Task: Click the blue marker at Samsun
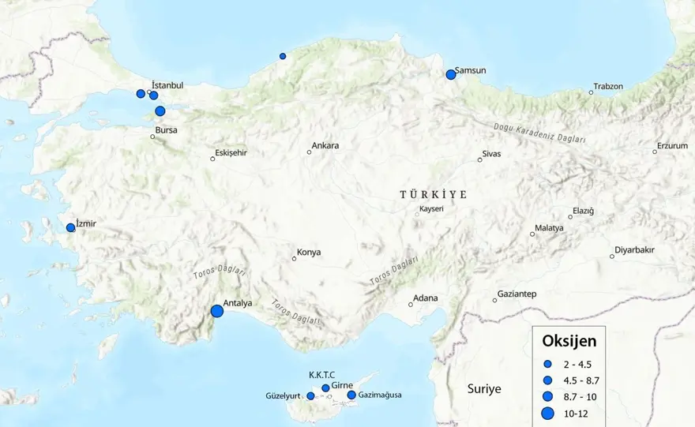(x=451, y=74)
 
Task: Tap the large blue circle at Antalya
(x=217, y=312)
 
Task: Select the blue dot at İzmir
(x=70, y=227)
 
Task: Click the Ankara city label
(x=325, y=146)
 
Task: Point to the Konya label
(x=309, y=253)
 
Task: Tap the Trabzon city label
(x=608, y=87)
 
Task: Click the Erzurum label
(x=672, y=146)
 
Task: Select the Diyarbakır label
(x=637, y=250)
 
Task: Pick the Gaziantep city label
(x=517, y=294)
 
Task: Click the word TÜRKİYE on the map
(x=433, y=194)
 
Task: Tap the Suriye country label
(x=484, y=389)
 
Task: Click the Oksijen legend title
(x=569, y=341)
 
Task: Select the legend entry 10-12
(x=571, y=414)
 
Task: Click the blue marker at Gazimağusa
(x=351, y=395)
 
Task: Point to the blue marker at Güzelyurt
(x=310, y=395)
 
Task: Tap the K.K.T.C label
(x=321, y=374)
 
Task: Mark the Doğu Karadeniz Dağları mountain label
(x=539, y=133)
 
